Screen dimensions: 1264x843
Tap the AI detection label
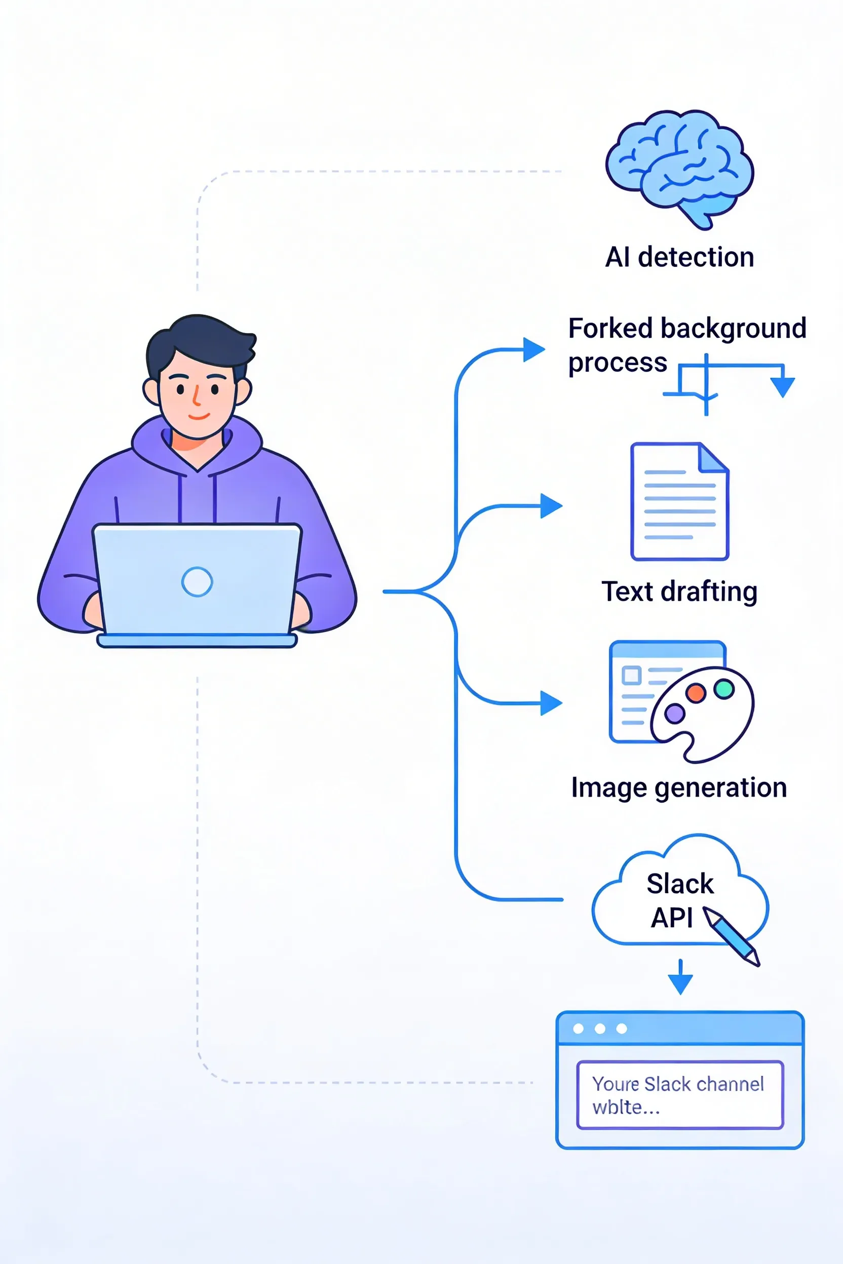679,257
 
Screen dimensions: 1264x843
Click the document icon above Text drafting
679,501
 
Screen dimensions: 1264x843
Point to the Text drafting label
679,591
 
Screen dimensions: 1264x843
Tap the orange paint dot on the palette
696,693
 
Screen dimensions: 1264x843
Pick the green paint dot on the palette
724,688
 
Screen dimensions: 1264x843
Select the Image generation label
679,787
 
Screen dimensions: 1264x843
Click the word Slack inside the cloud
680,884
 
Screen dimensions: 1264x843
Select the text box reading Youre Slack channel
679,1095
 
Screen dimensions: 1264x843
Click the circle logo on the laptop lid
197,581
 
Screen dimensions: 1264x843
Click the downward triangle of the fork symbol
782,386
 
